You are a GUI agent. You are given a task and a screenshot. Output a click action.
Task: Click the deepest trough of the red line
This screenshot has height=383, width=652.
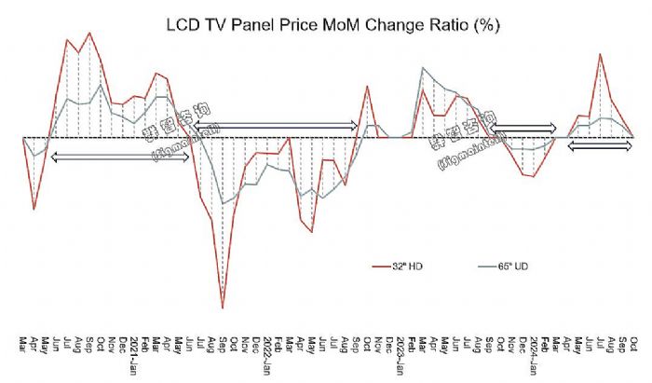[223, 307]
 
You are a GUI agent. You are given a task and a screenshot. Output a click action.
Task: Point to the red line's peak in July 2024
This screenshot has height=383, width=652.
[601, 54]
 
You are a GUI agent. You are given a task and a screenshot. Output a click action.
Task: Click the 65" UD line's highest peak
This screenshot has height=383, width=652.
[423, 68]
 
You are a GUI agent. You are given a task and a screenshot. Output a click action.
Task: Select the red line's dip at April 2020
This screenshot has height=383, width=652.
[34, 208]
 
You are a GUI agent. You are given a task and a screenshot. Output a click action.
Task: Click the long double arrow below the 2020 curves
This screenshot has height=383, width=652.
[120, 157]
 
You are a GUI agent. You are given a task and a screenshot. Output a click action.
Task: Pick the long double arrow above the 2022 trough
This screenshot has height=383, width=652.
[277, 125]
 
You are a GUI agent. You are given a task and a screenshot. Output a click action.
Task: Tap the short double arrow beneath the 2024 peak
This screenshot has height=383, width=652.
[601, 146]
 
